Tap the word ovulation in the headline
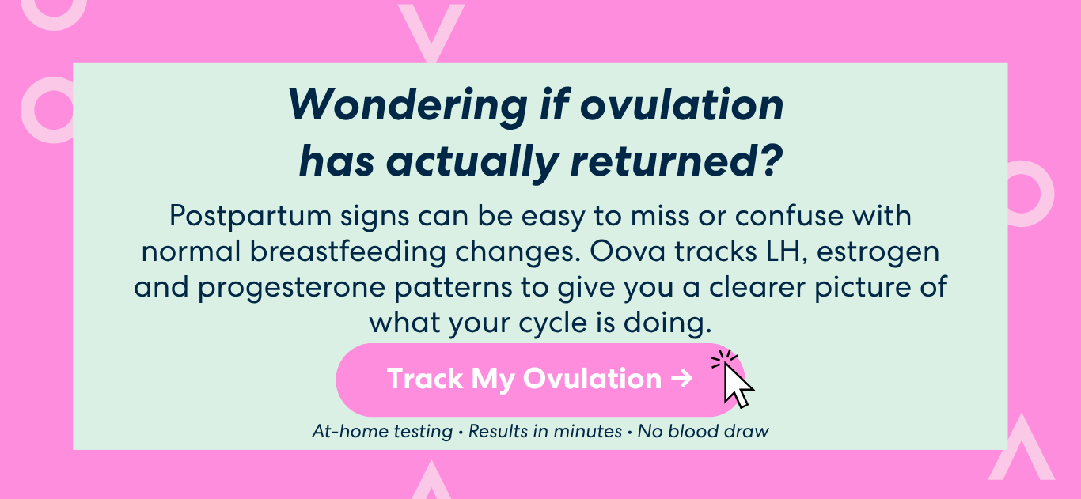click(x=682, y=104)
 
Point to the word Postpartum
click(x=250, y=216)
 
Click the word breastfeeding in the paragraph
click(x=347, y=251)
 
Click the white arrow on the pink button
click(x=682, y=378)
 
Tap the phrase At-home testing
click(x=382, y=432)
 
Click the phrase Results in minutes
click(x=544, y=431)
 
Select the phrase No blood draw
click(x=704, y=431)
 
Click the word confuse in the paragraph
click(x=789, y=216)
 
